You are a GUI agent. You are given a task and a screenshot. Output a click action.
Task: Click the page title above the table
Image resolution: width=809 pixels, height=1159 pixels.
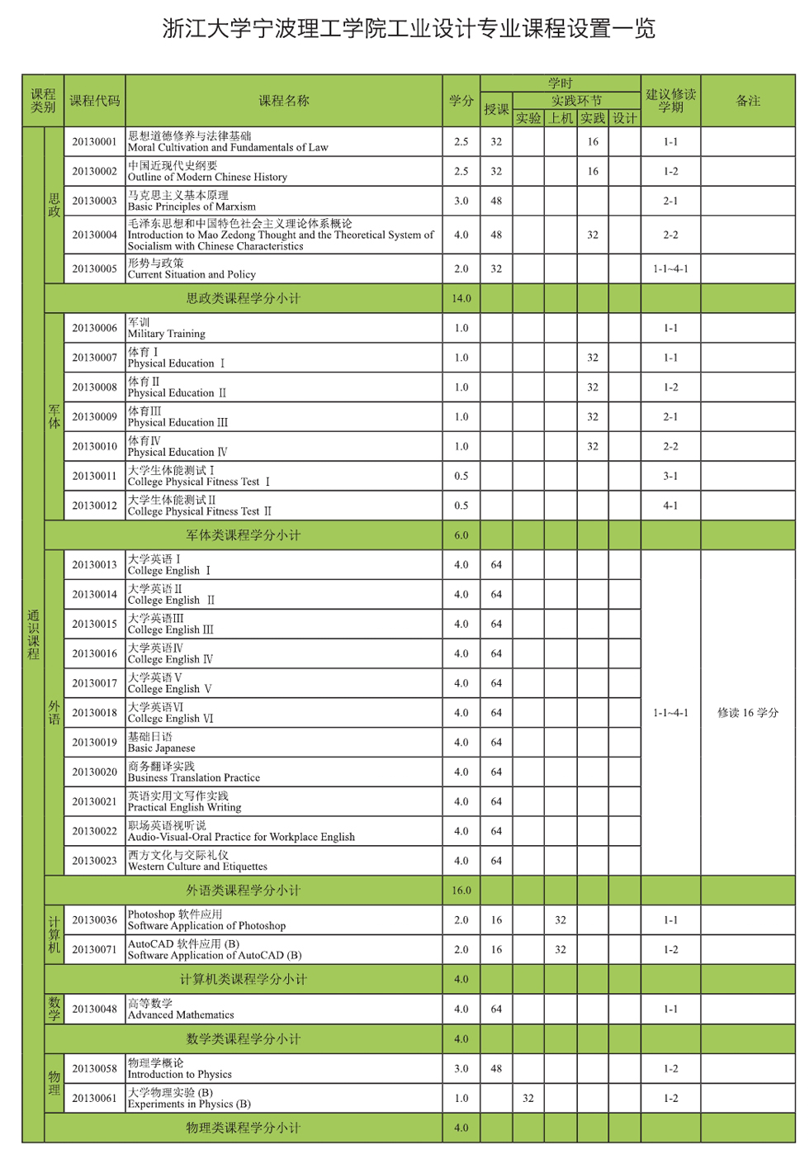pyautogui.click(x=409, y=30)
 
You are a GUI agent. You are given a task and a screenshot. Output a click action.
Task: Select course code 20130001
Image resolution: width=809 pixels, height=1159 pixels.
pyautogui.click(x=94, y=142)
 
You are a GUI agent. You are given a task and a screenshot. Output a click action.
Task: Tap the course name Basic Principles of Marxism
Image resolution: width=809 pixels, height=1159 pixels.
pyautogui.click(x=192, y=201)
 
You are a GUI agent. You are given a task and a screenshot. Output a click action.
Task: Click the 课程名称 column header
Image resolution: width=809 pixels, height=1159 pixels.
pyautogui.click(x=283, y=101)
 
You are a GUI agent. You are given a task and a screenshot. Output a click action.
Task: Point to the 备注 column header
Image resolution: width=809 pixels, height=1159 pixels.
pyautogui.click(x=747, y=101)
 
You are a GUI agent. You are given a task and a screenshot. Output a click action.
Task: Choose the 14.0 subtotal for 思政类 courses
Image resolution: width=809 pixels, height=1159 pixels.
pyautogui.click(x=461, y=299)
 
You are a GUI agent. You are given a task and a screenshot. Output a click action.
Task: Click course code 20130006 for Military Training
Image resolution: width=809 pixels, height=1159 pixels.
pyautogui.click(x=94, y=328)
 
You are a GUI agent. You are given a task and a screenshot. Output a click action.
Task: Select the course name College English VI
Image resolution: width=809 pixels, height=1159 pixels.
pyautogui.click(x=170, y=713)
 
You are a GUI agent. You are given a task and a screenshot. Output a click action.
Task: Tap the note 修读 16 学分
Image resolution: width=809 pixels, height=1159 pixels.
pyautogui.click(x=747, y=713)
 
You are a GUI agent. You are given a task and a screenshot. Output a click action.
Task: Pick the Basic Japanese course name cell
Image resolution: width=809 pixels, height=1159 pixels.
pyautogui.click(x=162, y=743)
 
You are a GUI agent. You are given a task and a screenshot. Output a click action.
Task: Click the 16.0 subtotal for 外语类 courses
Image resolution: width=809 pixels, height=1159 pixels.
pyautogui.click(x=461, y=891)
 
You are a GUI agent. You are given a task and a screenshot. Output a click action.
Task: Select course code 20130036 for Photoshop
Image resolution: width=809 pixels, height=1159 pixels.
pyautogui.click(x=94, y=920)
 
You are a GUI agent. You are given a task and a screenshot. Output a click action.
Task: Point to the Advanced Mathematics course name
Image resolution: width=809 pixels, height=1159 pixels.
pyautogui.click(x=181, y=1009)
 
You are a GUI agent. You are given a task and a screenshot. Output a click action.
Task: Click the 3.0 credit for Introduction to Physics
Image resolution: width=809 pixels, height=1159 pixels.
pyautogui.click(x=461, y=1069)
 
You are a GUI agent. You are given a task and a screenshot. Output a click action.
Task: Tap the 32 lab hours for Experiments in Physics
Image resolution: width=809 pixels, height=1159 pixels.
pyautogui.click(x=528, y=1099)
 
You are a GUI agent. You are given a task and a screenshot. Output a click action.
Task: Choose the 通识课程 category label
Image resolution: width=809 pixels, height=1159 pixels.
pyautogui.click(x=33, y=634)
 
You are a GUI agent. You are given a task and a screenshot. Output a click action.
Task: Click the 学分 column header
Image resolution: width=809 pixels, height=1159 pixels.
pyautogui.click(x=461, y=101)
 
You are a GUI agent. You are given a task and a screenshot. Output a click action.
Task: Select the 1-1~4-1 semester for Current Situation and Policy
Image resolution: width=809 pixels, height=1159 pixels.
pyautogui.click(x=670, y=269)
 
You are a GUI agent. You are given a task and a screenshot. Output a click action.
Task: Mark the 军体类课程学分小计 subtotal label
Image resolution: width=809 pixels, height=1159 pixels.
pyautogui.click(x=243, y=535)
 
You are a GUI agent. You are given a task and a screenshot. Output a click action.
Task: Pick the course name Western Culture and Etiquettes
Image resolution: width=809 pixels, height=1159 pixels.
pyautogui.click(x=197, y=861)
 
